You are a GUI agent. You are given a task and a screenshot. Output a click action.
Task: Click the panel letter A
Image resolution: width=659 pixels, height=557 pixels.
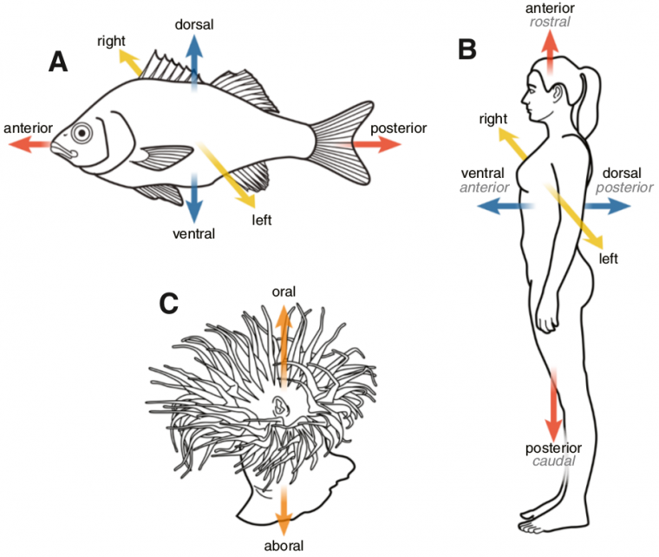[58, 62]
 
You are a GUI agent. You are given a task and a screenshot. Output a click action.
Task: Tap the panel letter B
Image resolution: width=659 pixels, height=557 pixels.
[467, 49]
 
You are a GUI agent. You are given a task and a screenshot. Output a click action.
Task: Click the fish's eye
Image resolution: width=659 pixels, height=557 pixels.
[82, 133]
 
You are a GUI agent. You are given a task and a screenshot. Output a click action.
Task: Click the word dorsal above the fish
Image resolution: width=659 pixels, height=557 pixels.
[194, 25]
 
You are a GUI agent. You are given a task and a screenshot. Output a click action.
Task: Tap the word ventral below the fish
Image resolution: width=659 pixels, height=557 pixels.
[192, 233]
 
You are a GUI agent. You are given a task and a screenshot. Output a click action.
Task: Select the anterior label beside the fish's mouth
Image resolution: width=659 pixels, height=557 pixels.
[29, 128]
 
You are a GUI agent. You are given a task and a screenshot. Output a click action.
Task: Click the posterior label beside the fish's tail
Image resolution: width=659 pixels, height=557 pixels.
[399, 128]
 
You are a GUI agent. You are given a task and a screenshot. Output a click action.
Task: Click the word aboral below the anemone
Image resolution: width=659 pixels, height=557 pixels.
[283, 546]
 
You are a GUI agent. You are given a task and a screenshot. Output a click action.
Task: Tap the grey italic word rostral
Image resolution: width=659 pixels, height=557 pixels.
[549, 22]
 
